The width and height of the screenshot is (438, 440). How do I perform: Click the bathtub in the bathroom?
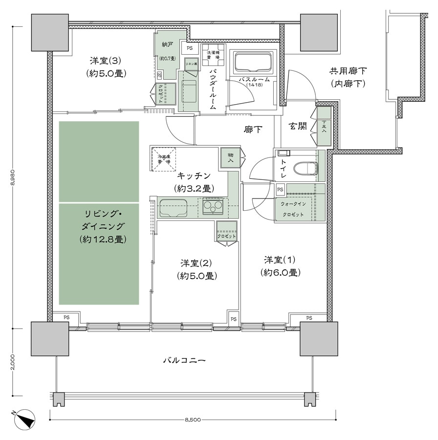pos(252,63)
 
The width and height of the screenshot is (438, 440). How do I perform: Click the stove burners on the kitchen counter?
pos(213,207)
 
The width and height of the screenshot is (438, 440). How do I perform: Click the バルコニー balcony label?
pos(184,360)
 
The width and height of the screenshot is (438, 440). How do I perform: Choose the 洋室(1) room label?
pos(280,265)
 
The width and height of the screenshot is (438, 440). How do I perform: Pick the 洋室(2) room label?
pos(197,268)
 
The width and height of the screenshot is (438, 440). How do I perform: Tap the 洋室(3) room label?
pos(105,67)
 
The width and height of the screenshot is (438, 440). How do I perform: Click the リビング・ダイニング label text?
pos(102,226)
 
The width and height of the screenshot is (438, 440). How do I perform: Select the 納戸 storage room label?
pos(168,45)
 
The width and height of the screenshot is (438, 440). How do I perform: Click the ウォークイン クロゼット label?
pos(292,210)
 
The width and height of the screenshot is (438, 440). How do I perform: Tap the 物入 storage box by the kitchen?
pos(230,157)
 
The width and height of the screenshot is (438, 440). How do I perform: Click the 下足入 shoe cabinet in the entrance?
pos(323,128)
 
